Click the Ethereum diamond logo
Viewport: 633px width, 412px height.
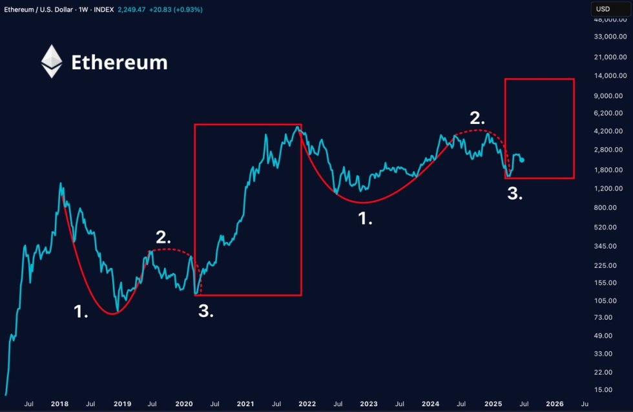(x=52, y=61)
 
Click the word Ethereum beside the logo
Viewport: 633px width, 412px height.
(x=119, y=63)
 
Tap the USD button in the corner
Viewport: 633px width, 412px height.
(x=603, y=9)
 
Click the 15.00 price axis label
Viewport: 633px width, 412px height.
(x=611, y=389)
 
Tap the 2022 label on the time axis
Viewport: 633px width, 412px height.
(x=306, y=404)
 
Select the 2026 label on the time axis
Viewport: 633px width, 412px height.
(x=554, y=404)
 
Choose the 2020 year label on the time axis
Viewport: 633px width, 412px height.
(x=184, y=404)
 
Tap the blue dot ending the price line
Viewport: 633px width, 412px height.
(x=522, y=160)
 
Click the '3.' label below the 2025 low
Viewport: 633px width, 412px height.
(x=515, y=194)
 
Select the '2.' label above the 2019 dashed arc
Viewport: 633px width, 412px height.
(x=163, y=236)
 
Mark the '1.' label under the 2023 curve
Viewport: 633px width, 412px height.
(x=366, y=219)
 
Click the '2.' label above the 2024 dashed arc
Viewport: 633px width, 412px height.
(x=477, y=118)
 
